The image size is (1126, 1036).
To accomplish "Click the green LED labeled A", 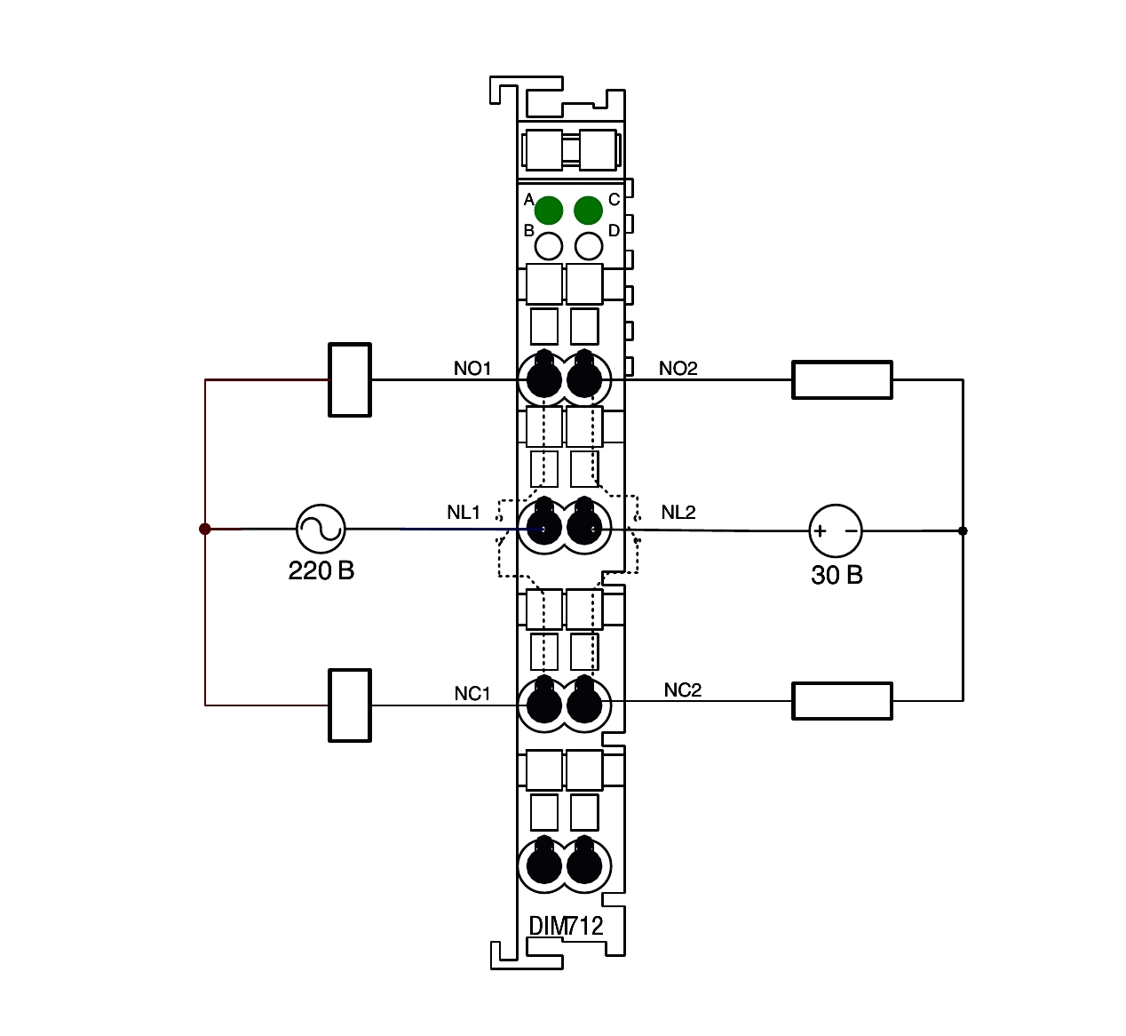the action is (549, 210).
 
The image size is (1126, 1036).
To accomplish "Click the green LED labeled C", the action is (588, 210).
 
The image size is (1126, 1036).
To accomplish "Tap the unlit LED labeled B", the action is (549, 246).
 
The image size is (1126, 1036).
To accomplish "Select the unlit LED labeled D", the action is (589, 246).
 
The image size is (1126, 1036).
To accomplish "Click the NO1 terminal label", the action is (472, 369).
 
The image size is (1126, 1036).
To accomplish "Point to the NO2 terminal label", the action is (678, 369).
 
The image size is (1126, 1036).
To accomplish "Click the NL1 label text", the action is (463, 513).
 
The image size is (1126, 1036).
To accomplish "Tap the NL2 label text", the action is (678, 513).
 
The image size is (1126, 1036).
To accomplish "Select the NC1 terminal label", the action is (472, 694).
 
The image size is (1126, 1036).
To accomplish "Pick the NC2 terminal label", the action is (683, 689).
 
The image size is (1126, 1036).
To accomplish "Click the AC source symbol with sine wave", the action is (321, 529).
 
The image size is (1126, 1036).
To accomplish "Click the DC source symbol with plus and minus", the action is (836, 530).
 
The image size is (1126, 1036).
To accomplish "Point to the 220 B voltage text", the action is (321, 570).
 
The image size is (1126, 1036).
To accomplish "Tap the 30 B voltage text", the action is (837, 575).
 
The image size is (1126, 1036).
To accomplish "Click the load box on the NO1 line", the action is (350, 379).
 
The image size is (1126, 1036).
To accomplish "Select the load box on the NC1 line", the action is (350, 705).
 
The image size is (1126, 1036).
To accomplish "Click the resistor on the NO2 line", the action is (842, 379).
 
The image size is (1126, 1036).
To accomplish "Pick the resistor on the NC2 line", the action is (842, 701).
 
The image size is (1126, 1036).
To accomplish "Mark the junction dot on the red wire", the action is (205, 529).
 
